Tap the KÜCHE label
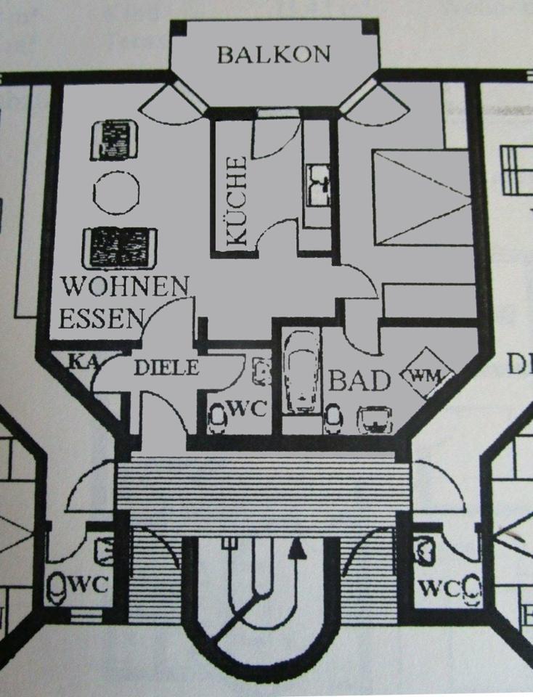[237, 203]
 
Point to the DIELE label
[166, 368]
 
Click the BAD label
[360, 380]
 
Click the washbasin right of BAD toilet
[375, 418]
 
